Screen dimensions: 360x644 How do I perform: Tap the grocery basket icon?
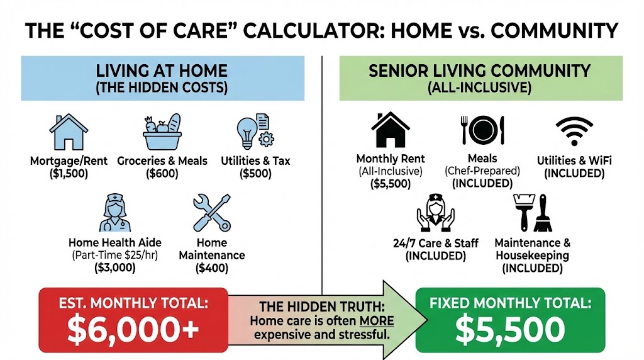(162, 132)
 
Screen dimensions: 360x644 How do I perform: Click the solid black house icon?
(390, 130)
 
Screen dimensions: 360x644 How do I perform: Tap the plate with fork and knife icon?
(482, 130)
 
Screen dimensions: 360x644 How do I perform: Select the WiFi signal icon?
(574, 130)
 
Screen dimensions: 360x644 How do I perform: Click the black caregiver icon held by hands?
(435, 212)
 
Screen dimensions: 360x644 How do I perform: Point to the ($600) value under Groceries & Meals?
(162, 174)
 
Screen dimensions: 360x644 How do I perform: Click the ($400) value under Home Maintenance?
(211, 268)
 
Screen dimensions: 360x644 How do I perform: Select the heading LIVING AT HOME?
(162, 70)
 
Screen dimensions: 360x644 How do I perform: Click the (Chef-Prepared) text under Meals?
(482, 171)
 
